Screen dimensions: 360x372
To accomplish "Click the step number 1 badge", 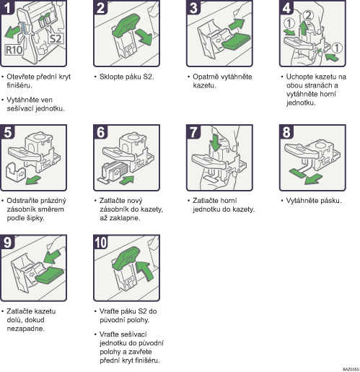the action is click(x=7, y=7).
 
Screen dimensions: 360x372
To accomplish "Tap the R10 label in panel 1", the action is click(x=14, y=50).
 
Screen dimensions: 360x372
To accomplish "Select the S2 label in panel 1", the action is click(x=56, y=38).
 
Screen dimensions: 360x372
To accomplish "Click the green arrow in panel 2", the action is click(x=144, y=37).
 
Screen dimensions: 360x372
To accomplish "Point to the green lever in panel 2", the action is click(x=126, y=25).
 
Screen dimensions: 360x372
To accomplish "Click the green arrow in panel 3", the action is click(x=237, y=25).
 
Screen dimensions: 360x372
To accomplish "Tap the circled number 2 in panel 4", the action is click(x=308, y=15).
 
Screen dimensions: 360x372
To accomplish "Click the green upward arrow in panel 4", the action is click(x=304, y=28).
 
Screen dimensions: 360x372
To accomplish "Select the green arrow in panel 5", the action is click(x=33, y=180).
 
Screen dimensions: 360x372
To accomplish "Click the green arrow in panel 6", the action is click(x=127, y=180).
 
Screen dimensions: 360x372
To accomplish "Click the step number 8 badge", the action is click(x=286, y=131).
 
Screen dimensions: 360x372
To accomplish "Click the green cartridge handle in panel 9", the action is click(x=50, y=274).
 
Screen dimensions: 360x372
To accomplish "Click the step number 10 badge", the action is click(x=101, y=242).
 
